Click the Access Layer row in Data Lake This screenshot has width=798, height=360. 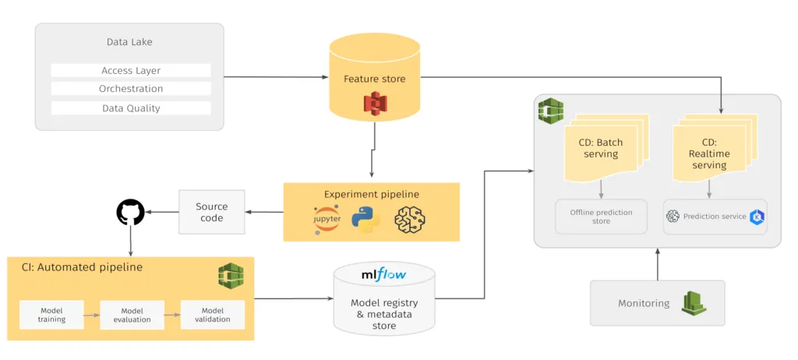click(x=131, y=70)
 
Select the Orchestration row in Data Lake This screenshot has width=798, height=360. click(x=131, y=89)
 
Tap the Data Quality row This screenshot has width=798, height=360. click(x=131, y=108)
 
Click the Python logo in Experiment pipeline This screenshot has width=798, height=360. click(x=365, y=221)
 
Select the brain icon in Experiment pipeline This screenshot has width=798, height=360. click(x=410, y=221)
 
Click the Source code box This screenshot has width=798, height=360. click(x=211, y=212)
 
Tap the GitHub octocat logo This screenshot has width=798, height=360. click(x=130, y=212)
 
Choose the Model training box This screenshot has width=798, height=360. click(x=51, y=315)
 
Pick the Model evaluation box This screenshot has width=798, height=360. click(x=132, y=315)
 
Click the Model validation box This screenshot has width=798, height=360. click(x=212, y=315)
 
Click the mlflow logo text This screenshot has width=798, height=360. click(x=381, y=275)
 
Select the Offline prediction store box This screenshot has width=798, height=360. click(x=601, y=217)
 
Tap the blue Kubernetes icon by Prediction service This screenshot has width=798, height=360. click(x=756, y=217)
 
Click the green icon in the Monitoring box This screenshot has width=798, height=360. click(x=693, y=302)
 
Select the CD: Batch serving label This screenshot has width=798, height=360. click(x=601, y=148)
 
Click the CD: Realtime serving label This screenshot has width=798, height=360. click(x=709, y=154)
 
